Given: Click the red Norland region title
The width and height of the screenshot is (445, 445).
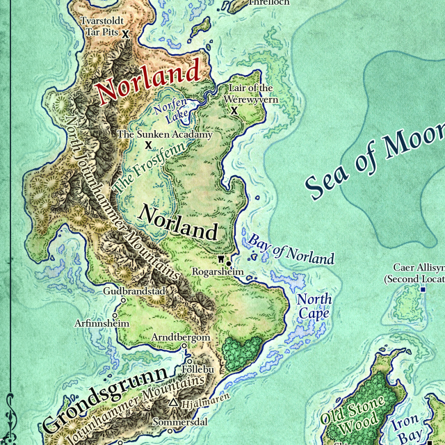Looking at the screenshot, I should (x=149, y=81).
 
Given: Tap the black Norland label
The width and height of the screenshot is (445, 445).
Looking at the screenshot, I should (x=178, y=222).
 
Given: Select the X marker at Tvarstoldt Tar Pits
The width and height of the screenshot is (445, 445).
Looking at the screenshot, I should (x=126, y=33).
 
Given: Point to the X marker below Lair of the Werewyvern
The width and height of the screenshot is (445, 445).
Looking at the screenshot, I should (x=234, y=110).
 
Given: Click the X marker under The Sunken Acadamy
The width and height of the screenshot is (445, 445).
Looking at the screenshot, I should (x=148, y=145).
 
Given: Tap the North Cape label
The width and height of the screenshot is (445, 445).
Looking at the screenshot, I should (x=314, y=307).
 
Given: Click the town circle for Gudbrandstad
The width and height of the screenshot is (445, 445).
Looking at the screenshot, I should (x=123, y=300).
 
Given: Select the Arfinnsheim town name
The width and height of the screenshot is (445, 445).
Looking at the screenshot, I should (x=102, y=323).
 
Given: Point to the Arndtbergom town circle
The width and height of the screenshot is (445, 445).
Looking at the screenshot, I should (x=184, y=346).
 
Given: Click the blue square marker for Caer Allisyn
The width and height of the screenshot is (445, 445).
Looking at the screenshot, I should (x=422, y=289).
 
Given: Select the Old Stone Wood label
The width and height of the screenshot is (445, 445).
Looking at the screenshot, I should (x=353, y=412).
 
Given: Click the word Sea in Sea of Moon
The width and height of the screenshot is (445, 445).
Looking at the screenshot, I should (x=327, y=179).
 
